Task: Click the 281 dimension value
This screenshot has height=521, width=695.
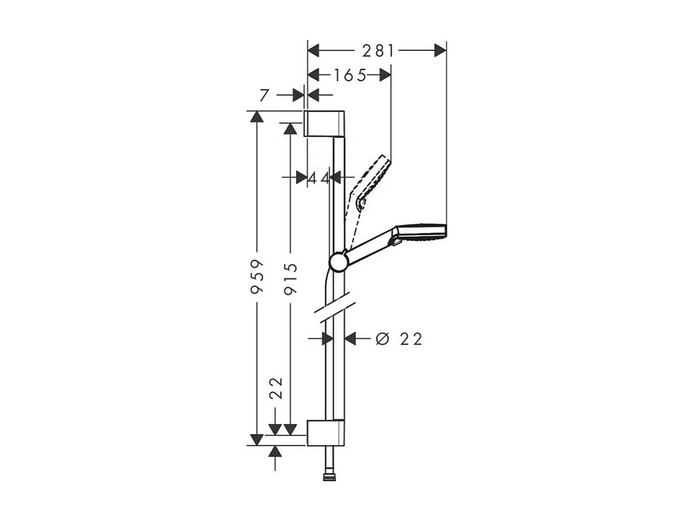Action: pos(377,51)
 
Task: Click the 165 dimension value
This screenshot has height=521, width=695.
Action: pos(350,75)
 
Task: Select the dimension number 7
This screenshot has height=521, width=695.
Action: pos(264,95)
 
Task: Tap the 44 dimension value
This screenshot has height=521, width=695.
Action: pos(319,178)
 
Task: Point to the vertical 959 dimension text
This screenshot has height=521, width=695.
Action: pos(257,276)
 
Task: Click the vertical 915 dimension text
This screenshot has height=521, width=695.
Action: pos(291,279)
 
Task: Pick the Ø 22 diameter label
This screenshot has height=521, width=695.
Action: pos(399,339)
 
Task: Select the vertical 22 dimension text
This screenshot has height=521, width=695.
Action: pos(275,388)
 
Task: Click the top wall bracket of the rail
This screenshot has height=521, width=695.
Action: pos(325,123)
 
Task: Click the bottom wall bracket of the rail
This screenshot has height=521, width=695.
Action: pos(325,432)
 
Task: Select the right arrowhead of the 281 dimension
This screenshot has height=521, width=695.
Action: pos(440,51)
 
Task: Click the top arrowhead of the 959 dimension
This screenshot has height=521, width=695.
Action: pos(257,117)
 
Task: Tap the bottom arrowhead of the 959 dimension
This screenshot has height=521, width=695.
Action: pos(257,439)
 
